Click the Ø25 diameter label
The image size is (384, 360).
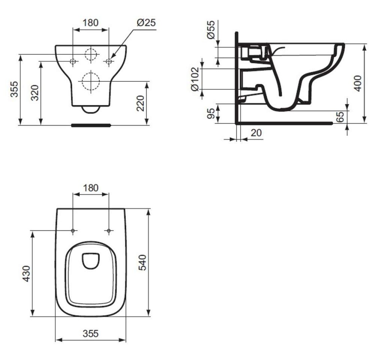click(146, 22)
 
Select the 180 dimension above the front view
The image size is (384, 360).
click(90, 22)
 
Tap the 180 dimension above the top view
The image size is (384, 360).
click(90, 187)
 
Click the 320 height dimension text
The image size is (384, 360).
click(34, 95)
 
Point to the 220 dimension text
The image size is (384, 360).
click(140, 103)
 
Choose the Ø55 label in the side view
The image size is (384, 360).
click(211, 30)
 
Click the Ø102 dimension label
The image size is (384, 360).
click(195, 79)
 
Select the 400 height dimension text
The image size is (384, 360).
click(358, 83)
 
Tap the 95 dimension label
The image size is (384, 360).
click(211, 114)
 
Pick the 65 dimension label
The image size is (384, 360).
click(340, 117)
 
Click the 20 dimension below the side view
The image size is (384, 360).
click(256, 132)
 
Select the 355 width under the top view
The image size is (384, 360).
click(90, 333)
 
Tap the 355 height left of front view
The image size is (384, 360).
click(14, 89)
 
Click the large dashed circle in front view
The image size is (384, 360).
click(90, 81)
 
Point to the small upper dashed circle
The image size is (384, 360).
click(90, 55)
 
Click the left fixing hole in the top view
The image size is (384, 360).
click(73, 230)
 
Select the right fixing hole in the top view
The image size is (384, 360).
click(109, 230)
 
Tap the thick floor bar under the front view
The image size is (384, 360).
click(91, 125)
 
